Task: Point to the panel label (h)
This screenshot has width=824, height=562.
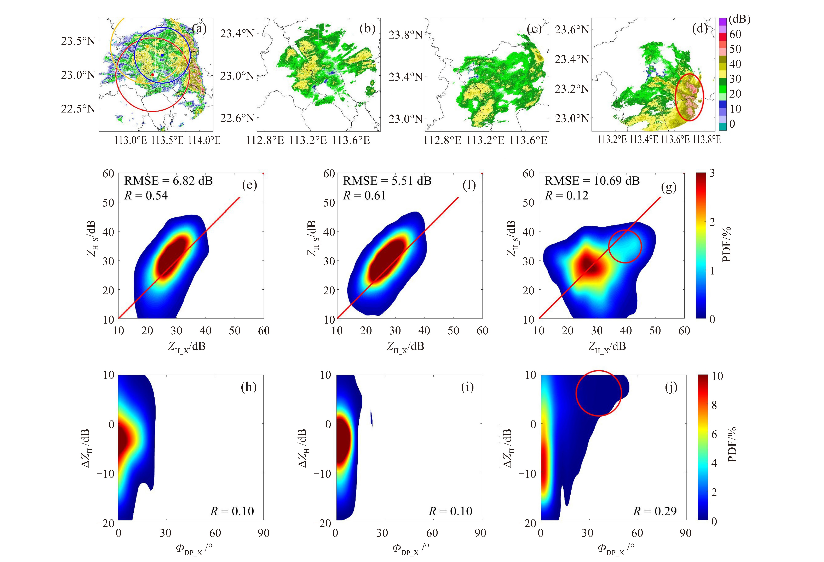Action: coord(249,387)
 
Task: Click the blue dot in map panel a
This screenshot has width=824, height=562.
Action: coord(162,55)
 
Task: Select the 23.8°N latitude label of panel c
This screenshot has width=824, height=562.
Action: coord(406,35)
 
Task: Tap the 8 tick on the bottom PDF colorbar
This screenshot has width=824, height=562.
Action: coord(714,405)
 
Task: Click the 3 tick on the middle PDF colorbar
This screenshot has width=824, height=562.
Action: coord(712,173)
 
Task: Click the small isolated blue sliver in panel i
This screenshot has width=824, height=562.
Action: coord(371,418)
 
